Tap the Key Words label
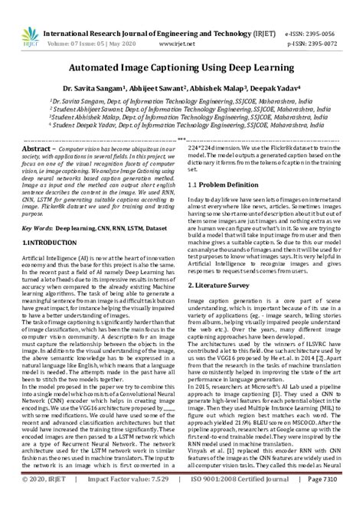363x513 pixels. click(36, 227)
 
